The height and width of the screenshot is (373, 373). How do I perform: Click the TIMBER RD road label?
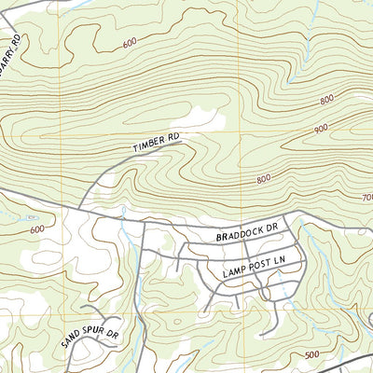[x=156, y=143]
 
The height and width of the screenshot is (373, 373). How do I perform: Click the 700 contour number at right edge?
[x=366, y=198]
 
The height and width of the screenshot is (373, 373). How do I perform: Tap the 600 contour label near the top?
[x=129, y=42]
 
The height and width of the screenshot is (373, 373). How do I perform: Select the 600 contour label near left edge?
[x=36, y=229]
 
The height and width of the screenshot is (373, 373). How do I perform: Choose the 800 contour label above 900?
[x=326, y=99]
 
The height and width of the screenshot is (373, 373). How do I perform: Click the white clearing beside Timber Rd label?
[x=200, y=119]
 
